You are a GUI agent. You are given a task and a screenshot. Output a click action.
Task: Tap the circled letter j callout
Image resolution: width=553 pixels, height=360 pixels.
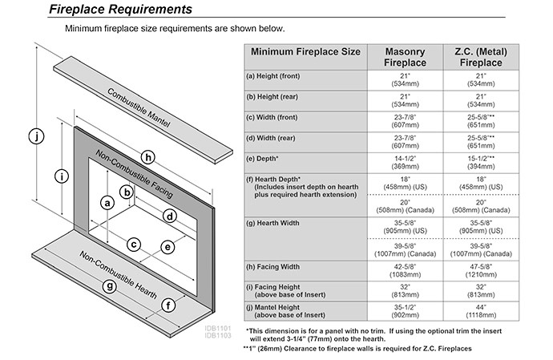(34, 137)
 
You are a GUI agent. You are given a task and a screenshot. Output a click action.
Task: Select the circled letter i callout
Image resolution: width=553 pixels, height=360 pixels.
(63, 176)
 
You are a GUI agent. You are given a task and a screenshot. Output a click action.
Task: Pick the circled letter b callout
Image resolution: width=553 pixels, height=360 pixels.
(126, 192)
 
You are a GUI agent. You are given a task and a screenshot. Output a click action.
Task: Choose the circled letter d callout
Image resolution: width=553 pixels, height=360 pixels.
(169, 216)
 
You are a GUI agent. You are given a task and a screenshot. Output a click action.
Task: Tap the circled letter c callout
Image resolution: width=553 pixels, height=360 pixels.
(135, 244)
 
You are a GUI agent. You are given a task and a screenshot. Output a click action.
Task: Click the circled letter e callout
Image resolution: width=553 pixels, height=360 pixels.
(168, 247)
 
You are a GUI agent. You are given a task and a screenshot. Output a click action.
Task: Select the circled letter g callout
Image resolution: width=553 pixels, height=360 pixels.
(109, 286)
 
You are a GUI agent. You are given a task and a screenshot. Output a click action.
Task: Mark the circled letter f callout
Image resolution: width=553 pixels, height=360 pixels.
(168, 305)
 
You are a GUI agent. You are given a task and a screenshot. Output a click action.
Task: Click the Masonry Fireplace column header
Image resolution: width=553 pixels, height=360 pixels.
(404, 55)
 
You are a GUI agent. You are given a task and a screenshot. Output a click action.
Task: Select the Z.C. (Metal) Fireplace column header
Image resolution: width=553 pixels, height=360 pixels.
(482, 55)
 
